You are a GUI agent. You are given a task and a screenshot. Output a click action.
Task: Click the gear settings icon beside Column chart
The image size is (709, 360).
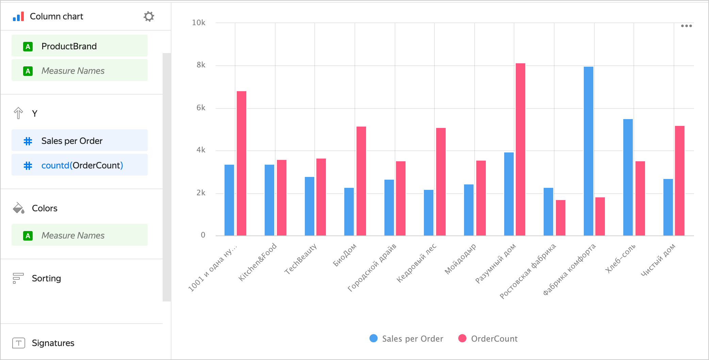(x=149, y=16)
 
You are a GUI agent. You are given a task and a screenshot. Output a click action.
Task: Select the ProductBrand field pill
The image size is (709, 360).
(x=79, y=46)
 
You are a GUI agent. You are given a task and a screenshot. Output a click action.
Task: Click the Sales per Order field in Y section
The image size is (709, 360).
(x=79, y=141)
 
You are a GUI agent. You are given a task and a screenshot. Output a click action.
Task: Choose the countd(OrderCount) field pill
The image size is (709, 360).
(x=79, y=165)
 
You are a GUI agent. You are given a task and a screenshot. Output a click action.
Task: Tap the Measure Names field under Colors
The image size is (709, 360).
(x=79, y=235)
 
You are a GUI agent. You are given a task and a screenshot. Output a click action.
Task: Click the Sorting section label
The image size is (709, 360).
(x=46, y=278)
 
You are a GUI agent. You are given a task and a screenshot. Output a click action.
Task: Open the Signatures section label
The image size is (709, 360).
(x=53, y=343)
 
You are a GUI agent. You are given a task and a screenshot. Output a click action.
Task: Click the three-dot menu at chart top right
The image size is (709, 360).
(x=686, y=26)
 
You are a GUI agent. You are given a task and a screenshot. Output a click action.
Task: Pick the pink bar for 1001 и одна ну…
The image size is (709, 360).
(x=241, y=163)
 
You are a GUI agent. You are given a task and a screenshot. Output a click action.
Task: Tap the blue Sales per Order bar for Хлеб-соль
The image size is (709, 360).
(x=628, y=177)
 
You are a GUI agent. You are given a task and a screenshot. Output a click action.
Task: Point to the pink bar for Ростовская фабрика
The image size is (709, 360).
(x=560, y=217)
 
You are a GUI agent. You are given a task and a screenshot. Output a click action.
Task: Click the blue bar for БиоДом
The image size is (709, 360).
(x=349, y=211)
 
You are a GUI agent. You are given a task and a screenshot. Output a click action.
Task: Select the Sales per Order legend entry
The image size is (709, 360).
(x=407, y=339)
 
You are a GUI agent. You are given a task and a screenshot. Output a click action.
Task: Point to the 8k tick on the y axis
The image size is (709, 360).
(x=201, y=65)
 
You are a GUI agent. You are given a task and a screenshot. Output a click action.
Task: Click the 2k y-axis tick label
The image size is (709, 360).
(x=201, y=193)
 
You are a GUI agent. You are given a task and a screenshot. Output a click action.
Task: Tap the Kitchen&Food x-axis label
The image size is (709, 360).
(x=258, y=262)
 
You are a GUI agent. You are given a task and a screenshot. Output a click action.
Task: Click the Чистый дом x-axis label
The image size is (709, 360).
(x=658, y=260)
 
